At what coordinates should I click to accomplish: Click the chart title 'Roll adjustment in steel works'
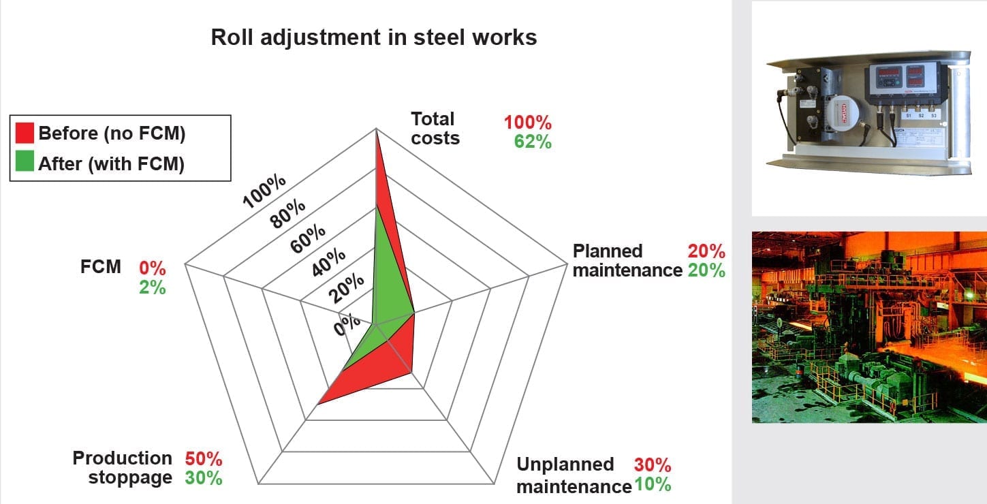click(374, 37)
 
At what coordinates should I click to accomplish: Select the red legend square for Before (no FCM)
click(25, 133)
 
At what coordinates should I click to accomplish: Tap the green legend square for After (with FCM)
click(25, 164)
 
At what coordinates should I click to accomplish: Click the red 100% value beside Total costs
click(528, 123)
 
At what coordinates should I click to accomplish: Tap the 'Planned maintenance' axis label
click(627, 260)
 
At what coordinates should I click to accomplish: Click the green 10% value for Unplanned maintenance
click(653, 485)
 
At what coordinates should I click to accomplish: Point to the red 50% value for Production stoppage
click(204, 459)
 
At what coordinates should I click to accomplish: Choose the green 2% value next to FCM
click(153, 287)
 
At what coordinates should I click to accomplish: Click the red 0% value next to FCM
click(153, 268)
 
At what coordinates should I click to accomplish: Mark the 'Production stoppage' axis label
click(123, 468)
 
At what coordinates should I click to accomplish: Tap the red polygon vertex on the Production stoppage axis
click(318, 404)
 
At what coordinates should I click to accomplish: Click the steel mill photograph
click(868, 327)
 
